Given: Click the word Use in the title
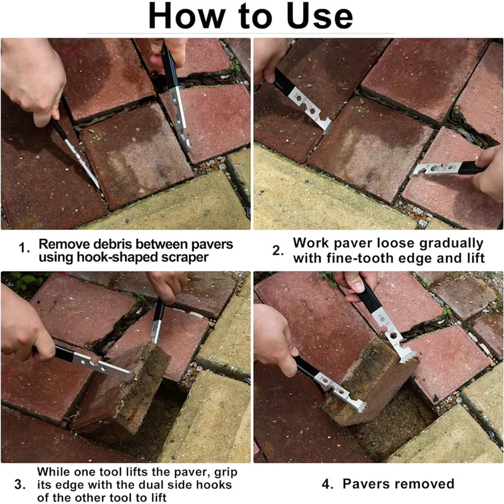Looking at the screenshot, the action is click(x=320, y=16).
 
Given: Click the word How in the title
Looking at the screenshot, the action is click(x=186, y=16).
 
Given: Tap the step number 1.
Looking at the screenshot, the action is click(x=23, y=248).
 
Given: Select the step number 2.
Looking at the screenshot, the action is click(x=278, y=250).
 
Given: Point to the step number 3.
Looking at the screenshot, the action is click(x=20, y=484).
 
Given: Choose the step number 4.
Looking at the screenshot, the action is click(x=327, y=484).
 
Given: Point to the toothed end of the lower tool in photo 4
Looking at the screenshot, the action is click(x=360, y=406).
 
